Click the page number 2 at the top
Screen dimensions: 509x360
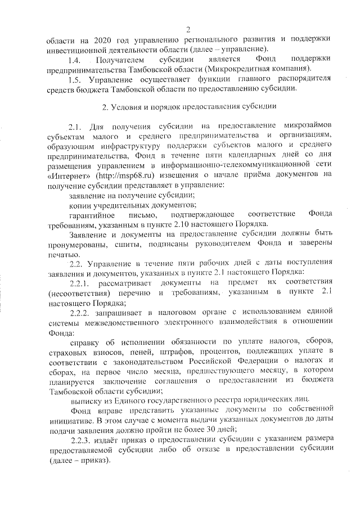coord(188,29)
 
